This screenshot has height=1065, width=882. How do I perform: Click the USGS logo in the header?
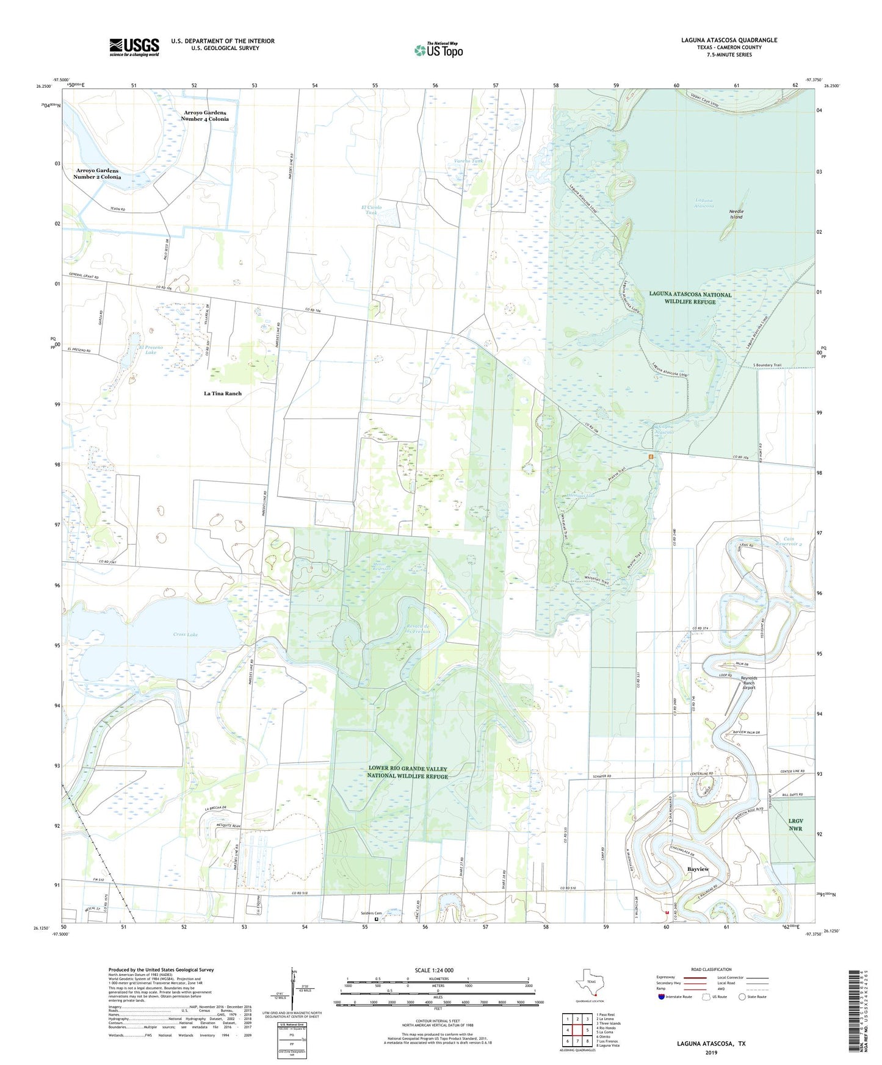click(134, 47)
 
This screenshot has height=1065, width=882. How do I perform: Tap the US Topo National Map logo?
click(438, 49)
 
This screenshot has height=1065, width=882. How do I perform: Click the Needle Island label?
click(736, 214)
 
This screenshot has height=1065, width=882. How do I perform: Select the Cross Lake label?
click(185, 634)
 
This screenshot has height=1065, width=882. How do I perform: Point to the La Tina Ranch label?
click(222, 393)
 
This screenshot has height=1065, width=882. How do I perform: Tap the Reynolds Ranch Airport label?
click(749, 683)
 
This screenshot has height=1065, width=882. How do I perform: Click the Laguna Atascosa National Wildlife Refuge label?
click(690, 298)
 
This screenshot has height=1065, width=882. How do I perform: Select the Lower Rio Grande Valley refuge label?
click(407, 772)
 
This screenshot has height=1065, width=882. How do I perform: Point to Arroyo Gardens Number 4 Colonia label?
click(204, 116)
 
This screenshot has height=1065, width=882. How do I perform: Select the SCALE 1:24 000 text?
click(434, 970)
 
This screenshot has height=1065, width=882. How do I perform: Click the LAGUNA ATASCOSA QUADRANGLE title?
click(729, 40)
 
